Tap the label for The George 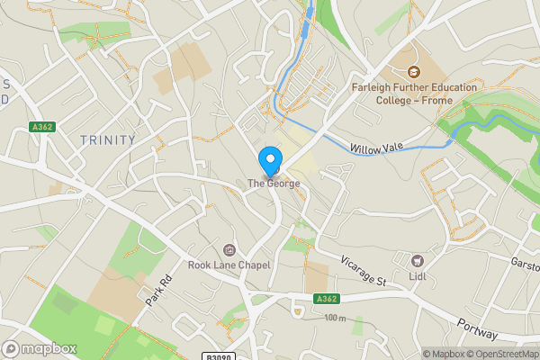coord(274,184)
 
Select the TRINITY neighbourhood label coord(107,140)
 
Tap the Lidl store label coord(418,275)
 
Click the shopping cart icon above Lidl coord(418,259)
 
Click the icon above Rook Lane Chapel coord(229,249)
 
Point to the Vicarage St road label coord(364,271)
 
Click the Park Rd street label coord(155,289)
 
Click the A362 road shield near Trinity coord(42,127)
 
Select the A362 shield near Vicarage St coord(327,299)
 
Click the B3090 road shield coord(220,356)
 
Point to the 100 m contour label coord(335,318)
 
